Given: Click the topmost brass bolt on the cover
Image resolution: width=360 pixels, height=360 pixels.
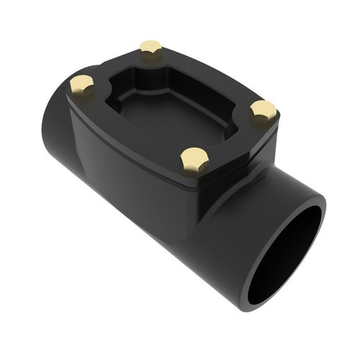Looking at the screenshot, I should pos(150,49).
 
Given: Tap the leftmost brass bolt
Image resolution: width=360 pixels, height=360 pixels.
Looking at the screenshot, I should pos(82,85).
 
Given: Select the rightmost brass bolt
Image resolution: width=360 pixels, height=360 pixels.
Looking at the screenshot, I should pos(263,110).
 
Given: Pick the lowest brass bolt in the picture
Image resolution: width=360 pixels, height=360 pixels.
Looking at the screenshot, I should pos(194,158).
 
